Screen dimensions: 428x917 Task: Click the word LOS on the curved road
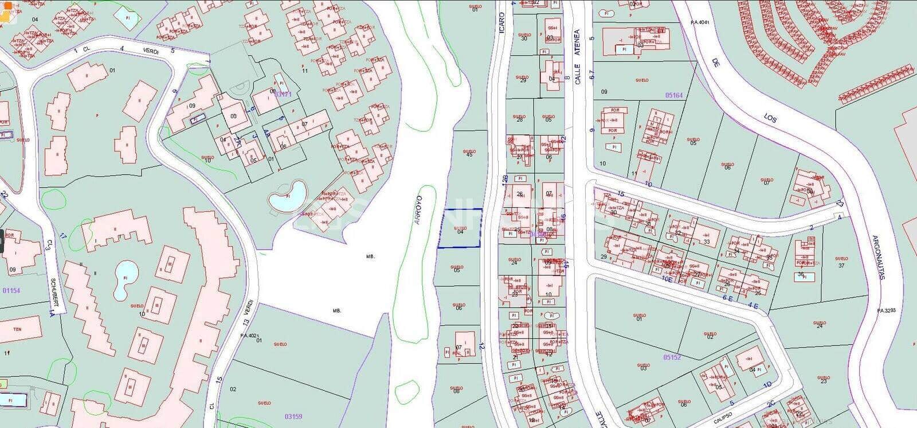click(770, 119)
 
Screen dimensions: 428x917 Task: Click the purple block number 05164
click(674, 95)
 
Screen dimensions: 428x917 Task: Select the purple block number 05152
click(672, 357)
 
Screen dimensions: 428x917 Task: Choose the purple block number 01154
click(11, 291)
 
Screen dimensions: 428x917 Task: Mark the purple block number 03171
click(284, 94)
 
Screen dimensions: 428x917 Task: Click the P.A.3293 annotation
click(886, 310)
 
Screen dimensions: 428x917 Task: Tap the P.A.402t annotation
click(250, 336)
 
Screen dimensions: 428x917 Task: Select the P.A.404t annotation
click(700, 22)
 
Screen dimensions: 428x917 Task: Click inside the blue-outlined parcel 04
click(459, 229)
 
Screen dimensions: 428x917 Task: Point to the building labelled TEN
click(19, 329)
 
